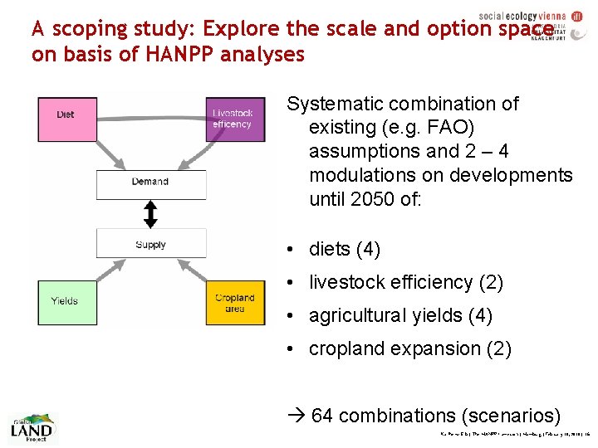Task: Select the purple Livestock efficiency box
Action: coord(235,119)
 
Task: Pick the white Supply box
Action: coord(150,244)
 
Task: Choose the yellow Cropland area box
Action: coord(235,303)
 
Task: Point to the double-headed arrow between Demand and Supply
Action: coord(150,215)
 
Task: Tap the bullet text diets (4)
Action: coord(344,249)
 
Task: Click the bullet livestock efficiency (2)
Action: coord(405,282)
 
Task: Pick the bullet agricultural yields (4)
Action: coord(400,315)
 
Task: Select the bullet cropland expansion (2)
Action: coord(409,348)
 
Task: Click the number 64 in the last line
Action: coord(323,414)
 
